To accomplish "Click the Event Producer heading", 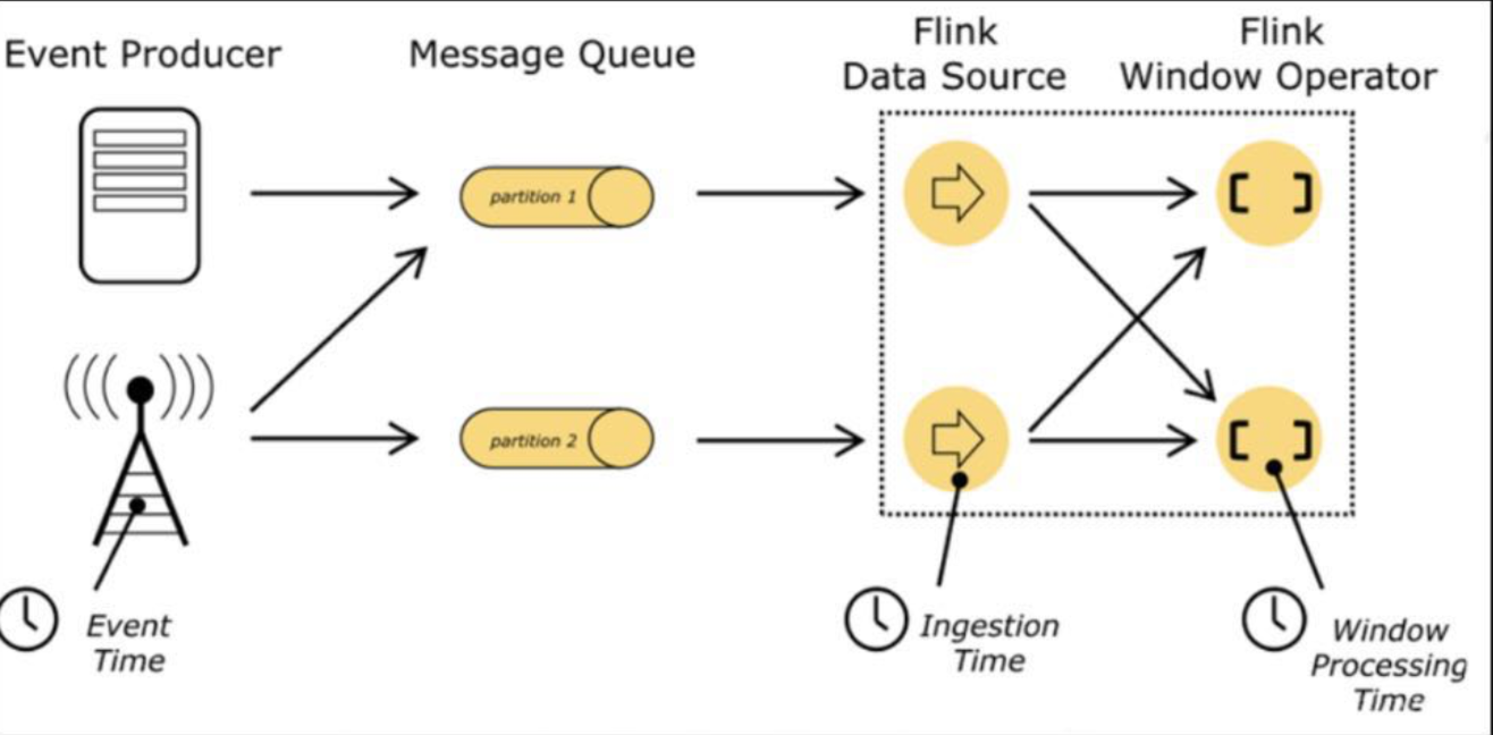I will pyautogui.click(x=142, y=54).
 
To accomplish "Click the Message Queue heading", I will pyautogui.click(x=552, y=54).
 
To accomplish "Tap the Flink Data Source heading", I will pyautogui.click(x=954, y=54).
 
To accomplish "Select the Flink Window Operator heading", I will pyautogui.click(x=1280, y=54).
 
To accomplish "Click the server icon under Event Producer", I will pyautogui.click(x=140, y=195).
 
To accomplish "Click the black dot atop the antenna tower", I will pyautogui.click(x=140, y=390).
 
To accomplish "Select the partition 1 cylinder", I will pyautogui.click(x=556, y=197).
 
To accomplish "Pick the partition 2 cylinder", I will pyautogui.click(x=556, y=438).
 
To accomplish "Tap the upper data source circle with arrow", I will pyautogui.click(x=956, y=193).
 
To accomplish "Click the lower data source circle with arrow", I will pyautogui.click(x=956, y=439).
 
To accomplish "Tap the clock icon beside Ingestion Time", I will pyautogui.click(x=876, y=619).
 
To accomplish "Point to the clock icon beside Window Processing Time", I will pyautogui.click(x=1273, y=619).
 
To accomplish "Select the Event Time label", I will pyautogui.click(x=129, y=644).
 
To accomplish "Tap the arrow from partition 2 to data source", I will pyautogui.click(x=779, y=441).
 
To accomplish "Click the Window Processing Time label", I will pyautogui.click(x=1389, y=665).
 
